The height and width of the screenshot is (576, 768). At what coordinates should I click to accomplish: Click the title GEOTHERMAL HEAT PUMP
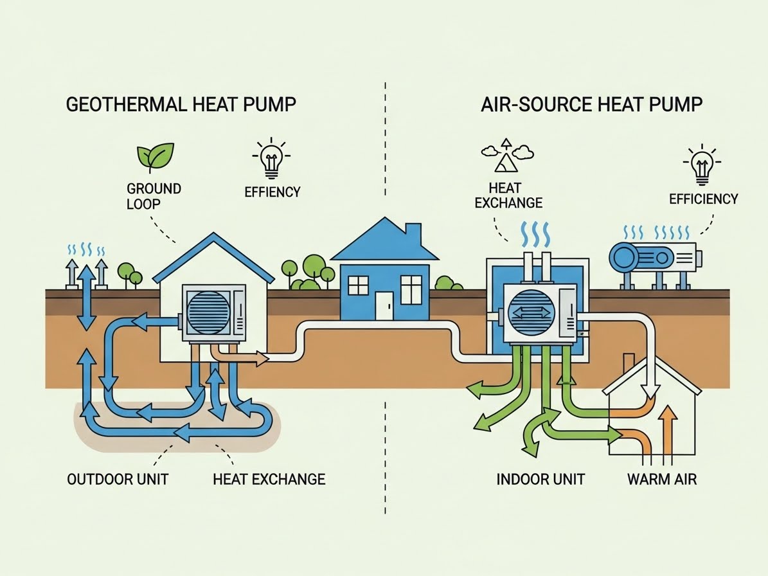(182, 105)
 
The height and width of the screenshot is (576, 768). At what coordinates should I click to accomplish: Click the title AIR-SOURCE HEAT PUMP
(591, 105)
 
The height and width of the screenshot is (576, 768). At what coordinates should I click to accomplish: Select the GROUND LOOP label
(154, 195)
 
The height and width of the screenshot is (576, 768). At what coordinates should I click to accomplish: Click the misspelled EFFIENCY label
(272, 192)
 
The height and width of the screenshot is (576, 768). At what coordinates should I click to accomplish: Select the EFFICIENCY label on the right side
(704, 199)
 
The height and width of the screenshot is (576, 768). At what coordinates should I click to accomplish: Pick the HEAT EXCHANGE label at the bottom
(269, 479)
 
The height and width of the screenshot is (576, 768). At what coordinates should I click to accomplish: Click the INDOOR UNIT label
(540, 479)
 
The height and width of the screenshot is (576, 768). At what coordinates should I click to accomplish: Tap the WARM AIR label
(661, 479)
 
